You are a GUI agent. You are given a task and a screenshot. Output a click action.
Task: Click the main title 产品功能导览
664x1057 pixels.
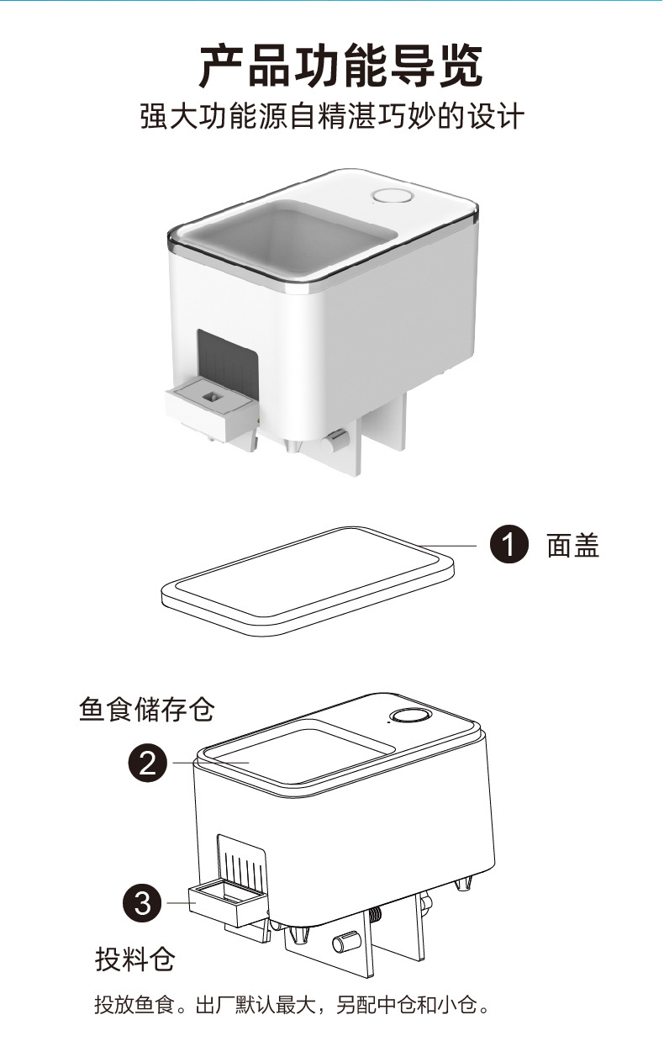click(340, 65)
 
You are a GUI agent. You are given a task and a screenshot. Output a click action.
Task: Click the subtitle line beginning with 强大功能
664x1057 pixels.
click(332, 117)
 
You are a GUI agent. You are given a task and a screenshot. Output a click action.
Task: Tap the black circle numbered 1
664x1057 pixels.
click(509, 546)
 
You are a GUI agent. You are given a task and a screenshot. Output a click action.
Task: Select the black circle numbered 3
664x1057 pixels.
click(144, 903)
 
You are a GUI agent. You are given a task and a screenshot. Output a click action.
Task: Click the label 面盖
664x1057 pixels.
click(573, 547)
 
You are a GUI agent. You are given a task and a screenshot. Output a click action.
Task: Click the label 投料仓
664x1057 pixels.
click(134, 958)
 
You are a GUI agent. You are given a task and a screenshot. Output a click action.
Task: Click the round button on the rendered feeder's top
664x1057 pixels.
click(392, 197)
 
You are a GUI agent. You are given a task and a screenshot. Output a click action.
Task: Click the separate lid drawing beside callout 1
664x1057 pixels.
click(307, 579)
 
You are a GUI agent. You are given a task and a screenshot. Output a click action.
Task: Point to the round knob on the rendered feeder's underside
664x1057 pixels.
click(336, 438)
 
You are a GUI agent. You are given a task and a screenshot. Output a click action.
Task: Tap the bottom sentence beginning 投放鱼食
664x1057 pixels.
click(291, 1004)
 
